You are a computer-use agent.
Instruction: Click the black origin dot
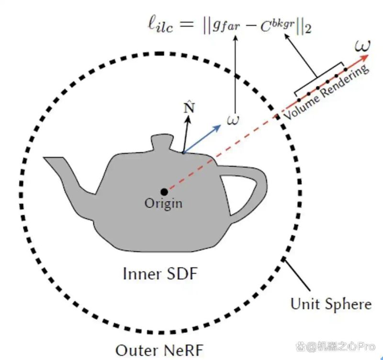tap(164, 192)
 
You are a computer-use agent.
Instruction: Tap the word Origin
tap(163, 203)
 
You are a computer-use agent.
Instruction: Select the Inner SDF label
tap(160, 274)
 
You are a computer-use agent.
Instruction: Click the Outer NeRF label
tap(159, 350)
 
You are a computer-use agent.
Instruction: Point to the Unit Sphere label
tap(331, 304)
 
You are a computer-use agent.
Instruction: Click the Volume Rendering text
tap(326, 92)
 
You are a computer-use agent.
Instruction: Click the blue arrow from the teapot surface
tap(202, 139)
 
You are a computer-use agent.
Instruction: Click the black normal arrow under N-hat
tap(186, 134)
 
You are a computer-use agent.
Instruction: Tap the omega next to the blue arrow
tap(233, 120)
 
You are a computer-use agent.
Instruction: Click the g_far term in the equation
tap(226, 26)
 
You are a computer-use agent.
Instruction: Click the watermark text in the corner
tap(336, 347)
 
